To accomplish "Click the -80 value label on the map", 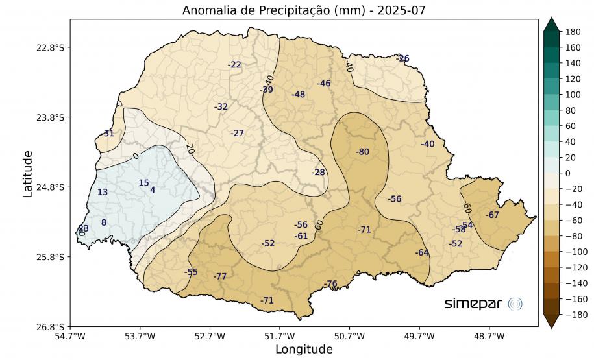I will tap(362, 152).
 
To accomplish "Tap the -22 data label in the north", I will tap(234, 65).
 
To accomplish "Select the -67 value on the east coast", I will tap(492, 215).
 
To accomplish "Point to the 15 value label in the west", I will tap(143, 183).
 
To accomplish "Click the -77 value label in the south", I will tap(220, 276).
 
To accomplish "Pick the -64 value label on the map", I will tap(422, 252).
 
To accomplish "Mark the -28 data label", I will tap(318, 173).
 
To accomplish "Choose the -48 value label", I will tap(298, 95).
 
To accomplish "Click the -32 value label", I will tap(221, 106).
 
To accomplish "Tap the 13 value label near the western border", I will tap(103, 192).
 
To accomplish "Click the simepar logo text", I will tap(473, 304).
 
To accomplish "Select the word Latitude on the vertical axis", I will tap(28, 173).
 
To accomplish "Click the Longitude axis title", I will tap(304, 350).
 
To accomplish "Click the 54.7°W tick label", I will tap(70, 336).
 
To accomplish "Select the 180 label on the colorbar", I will tap(572, 32).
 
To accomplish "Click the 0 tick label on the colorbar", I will tap(568, 173).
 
